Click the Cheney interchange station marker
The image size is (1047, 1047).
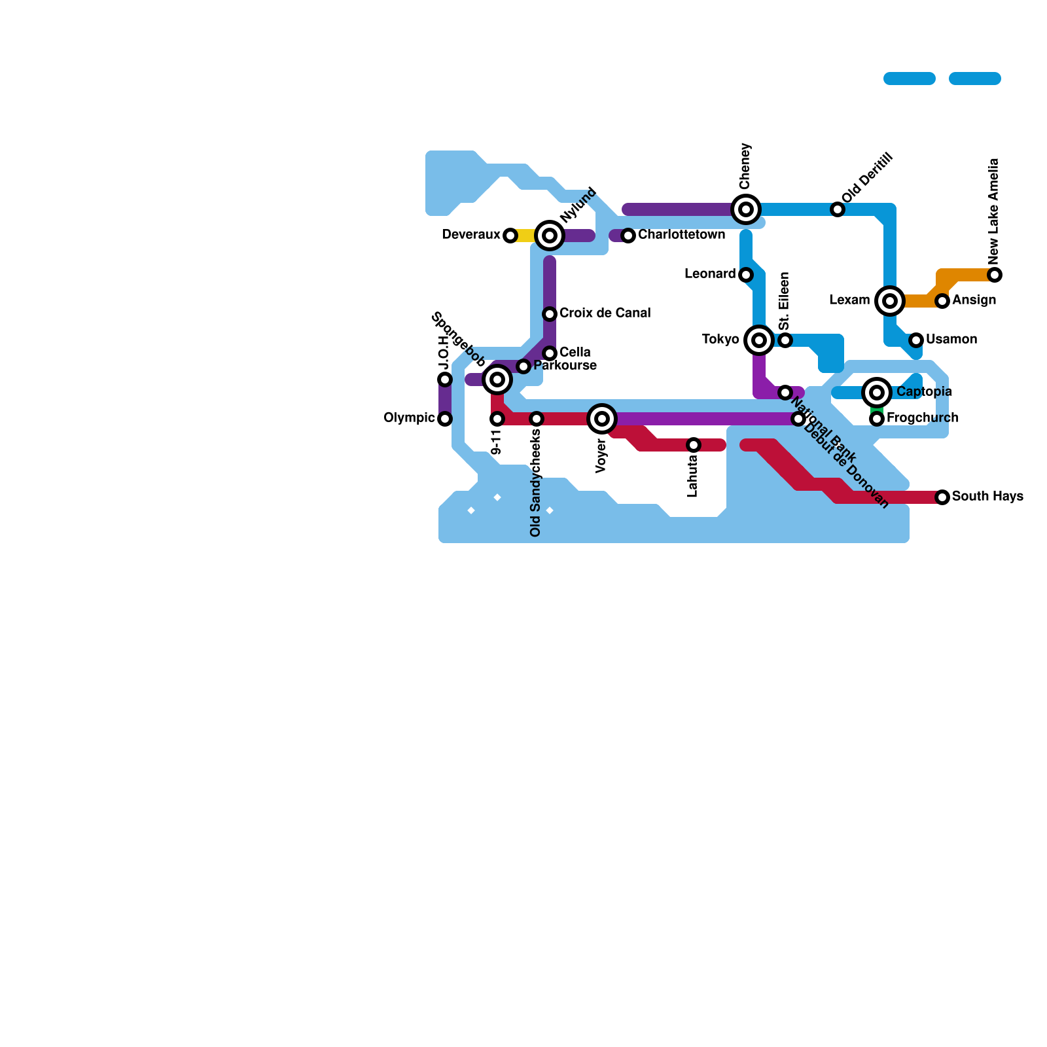pyautogui.click(x=746, y=209)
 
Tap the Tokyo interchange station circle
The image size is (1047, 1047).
pyautogui.click(x=759, y=340)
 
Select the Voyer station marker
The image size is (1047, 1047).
pyautogui.click(x=602, y=419)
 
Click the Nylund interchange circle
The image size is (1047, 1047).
pyautogui.click(x=550, y=236)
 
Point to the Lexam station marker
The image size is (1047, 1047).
pyautogui.click(x=890, y=301)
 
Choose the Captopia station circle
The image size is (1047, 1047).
pyautogui.click(x=877, y=393)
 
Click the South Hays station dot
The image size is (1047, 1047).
pyautogui.click(x=942, y=497)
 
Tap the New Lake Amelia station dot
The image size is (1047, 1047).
pyautogui.click(x=995, y=275)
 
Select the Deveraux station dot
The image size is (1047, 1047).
pyautogui.click(x=510, y=236)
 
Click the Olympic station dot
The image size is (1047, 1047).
pyautogui.click(x=445, y=419)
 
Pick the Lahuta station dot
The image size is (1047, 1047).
pyautogui.click(x=694, y=445)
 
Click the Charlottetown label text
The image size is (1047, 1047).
pyautogui.click(x=681, y=235)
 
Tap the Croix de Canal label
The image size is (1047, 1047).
pyautogui.click(x=605, y=313)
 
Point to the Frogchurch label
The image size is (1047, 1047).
pyautogui.click(x=922, y=418)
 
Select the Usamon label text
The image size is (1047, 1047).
pyautogui.click(x=951, y=340)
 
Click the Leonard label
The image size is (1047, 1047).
pyautogui.click(x=710, y=274)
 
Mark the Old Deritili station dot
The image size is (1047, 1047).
pyautogui.click(x=838, y=209)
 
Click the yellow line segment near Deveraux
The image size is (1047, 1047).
pyautogui.click(x=525, y=236)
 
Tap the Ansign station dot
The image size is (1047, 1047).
pyautogui.click(x=942, y=301)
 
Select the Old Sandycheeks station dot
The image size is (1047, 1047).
pyautogui.click(x=537, y=419)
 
